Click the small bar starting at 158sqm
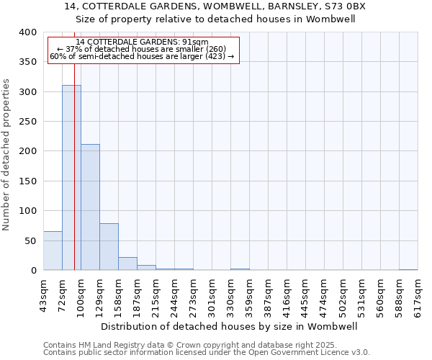(x=127, y=264)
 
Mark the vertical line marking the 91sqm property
(x=74, y=180)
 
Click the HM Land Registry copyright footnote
(x=186, y=345)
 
